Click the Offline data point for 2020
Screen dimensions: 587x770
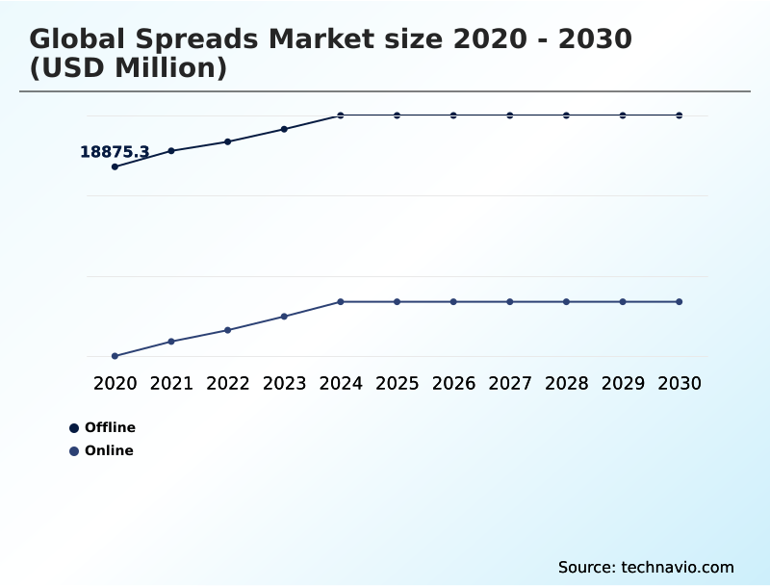click(x=115, y=166)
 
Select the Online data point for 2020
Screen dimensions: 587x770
click(x=115, y=356)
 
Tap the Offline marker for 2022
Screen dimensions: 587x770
click(x=228, y=141)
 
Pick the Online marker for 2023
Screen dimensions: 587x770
click(x=284, y=316)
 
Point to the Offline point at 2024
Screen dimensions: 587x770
click(x=341, y=115)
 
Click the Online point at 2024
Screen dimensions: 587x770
click(x=341, y=302)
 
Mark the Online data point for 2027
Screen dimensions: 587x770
click(x=510, y=302)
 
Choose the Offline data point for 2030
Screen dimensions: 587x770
click(x=679, y=115)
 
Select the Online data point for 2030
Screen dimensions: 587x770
click(x=679, y=302)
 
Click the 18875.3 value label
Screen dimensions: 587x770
click(x=114, y=152)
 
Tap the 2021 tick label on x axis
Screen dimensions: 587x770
click(x=171, y=384)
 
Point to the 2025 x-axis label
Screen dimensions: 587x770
click(x=397, y=384)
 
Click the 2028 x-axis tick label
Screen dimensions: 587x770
click(x=566, y=384)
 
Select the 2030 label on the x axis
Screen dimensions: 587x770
click(x=679, y=384)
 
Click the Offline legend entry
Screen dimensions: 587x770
click(x=102, y=427)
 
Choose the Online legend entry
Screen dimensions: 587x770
click(x=101, y=450)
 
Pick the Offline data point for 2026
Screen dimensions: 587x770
click(x=453, y=115)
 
